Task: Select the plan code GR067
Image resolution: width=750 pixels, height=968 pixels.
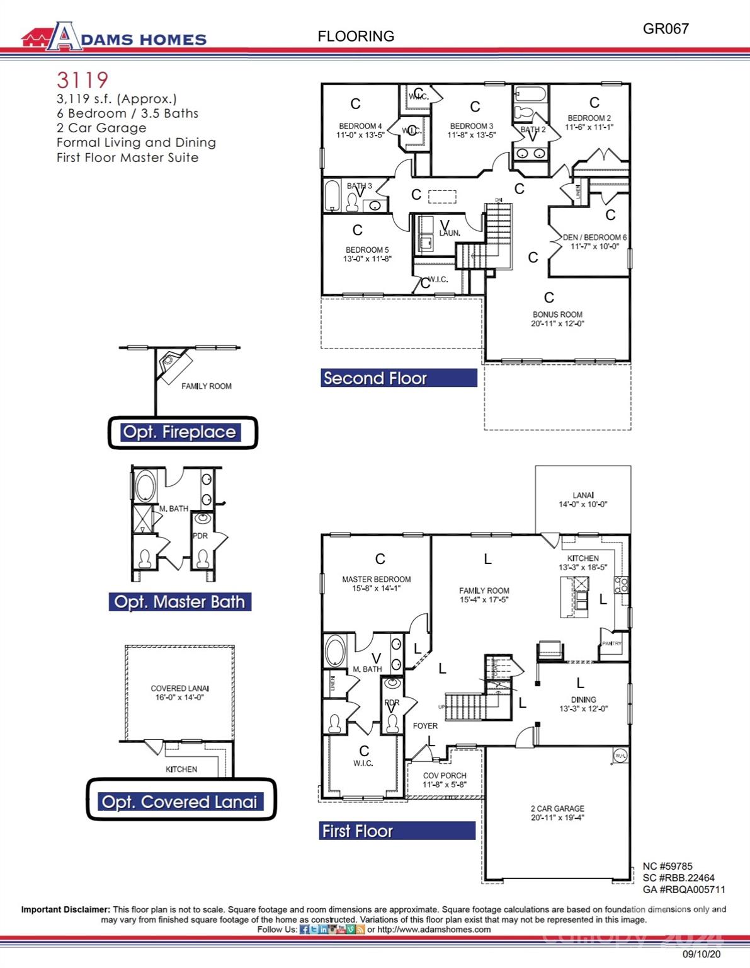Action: point(666,28)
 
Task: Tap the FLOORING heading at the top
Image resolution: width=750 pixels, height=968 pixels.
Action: point(356,37)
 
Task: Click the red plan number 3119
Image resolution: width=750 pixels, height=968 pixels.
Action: point(82,80)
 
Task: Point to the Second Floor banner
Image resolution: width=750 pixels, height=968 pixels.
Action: point(399,378)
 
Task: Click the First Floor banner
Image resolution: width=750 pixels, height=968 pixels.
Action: point(397,831)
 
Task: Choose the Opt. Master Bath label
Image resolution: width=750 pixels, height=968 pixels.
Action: point(179,602)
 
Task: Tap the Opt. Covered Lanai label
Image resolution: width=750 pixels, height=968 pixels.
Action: point(181,802)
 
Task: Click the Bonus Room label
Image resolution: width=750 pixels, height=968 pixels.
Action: point(557,319)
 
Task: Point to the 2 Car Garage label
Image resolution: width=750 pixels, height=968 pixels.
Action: point(557,813)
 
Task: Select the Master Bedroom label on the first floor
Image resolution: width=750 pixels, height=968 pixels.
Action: point(376,584)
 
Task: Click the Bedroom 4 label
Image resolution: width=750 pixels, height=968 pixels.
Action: point(360,130)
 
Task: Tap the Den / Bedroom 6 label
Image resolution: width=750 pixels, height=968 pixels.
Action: point(594,242)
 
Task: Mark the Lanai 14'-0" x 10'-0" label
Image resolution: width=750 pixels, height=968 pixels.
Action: point(582,500)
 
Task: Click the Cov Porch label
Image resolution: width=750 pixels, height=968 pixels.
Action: point(445,780)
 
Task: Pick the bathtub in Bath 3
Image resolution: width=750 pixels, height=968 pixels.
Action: point(332,196)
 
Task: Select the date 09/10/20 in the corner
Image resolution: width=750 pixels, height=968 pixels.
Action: point(702,954)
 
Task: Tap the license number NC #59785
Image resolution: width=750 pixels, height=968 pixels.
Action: point(667,866)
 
